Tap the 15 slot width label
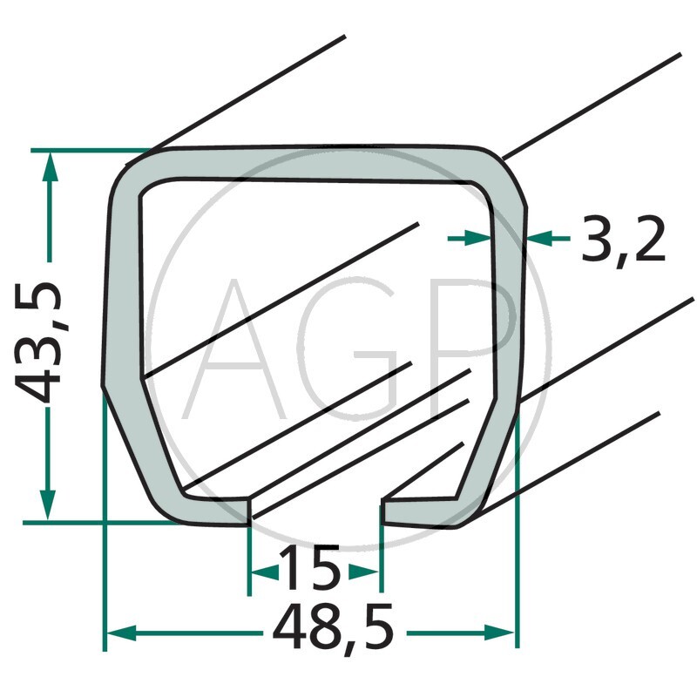(x=312, y=572)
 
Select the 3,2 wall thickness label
(x=623, y=241)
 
